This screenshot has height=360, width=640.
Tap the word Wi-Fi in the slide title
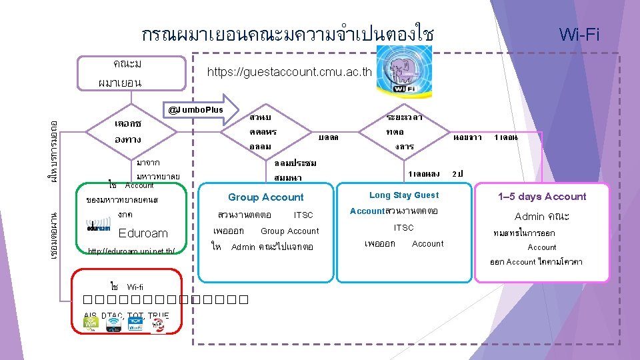(579, 34)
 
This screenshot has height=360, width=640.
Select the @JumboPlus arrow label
(196, 109)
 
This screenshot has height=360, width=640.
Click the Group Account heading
(265, 197)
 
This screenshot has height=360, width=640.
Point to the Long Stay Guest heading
(404, 195)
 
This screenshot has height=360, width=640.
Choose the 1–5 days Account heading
(542, 197)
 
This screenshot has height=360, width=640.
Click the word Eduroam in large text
(143, 233)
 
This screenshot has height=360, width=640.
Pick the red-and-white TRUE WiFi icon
(158, 325)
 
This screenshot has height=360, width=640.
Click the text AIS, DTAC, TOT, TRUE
(127, 315)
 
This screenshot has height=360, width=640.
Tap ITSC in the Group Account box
(303, 215)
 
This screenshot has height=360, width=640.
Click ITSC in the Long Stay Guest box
(404, 227)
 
